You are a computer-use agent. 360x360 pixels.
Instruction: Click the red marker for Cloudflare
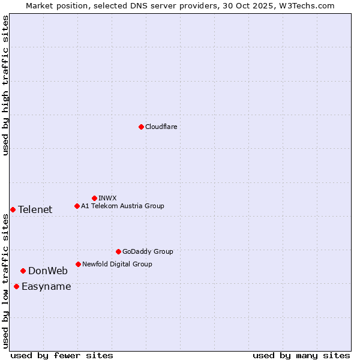click(141, 127)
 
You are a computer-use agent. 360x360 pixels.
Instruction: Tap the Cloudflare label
click(161, 127)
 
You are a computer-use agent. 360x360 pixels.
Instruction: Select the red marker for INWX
click(94, 198)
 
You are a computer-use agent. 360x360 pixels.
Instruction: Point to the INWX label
click(107, 198)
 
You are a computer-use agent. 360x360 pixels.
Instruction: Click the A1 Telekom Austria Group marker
click(77, 206)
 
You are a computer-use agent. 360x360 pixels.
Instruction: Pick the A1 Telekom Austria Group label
click(122, 206)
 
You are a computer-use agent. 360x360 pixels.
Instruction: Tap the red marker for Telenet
click(13, 209)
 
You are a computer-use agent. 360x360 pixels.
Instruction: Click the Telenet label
click(35, 209)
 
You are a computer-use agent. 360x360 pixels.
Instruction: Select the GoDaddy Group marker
click(118, 251)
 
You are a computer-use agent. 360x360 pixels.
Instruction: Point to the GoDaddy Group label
click(148, 251)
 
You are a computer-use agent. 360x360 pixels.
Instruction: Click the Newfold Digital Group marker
click(78, 264)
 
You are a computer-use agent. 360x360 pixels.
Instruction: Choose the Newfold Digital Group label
click(117, 264)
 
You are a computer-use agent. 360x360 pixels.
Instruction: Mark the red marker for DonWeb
click(23, 271)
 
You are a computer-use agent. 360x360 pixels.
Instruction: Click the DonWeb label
click(48, 271)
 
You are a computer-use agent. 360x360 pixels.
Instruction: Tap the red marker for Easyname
click(16, 286)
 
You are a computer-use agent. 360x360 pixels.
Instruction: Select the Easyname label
click(46, 286)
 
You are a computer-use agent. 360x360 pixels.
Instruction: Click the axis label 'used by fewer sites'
click(62, 355)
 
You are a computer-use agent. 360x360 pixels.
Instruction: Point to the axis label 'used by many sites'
click(301, 355)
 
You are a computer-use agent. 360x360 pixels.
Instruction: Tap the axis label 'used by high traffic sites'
click(5, 85)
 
